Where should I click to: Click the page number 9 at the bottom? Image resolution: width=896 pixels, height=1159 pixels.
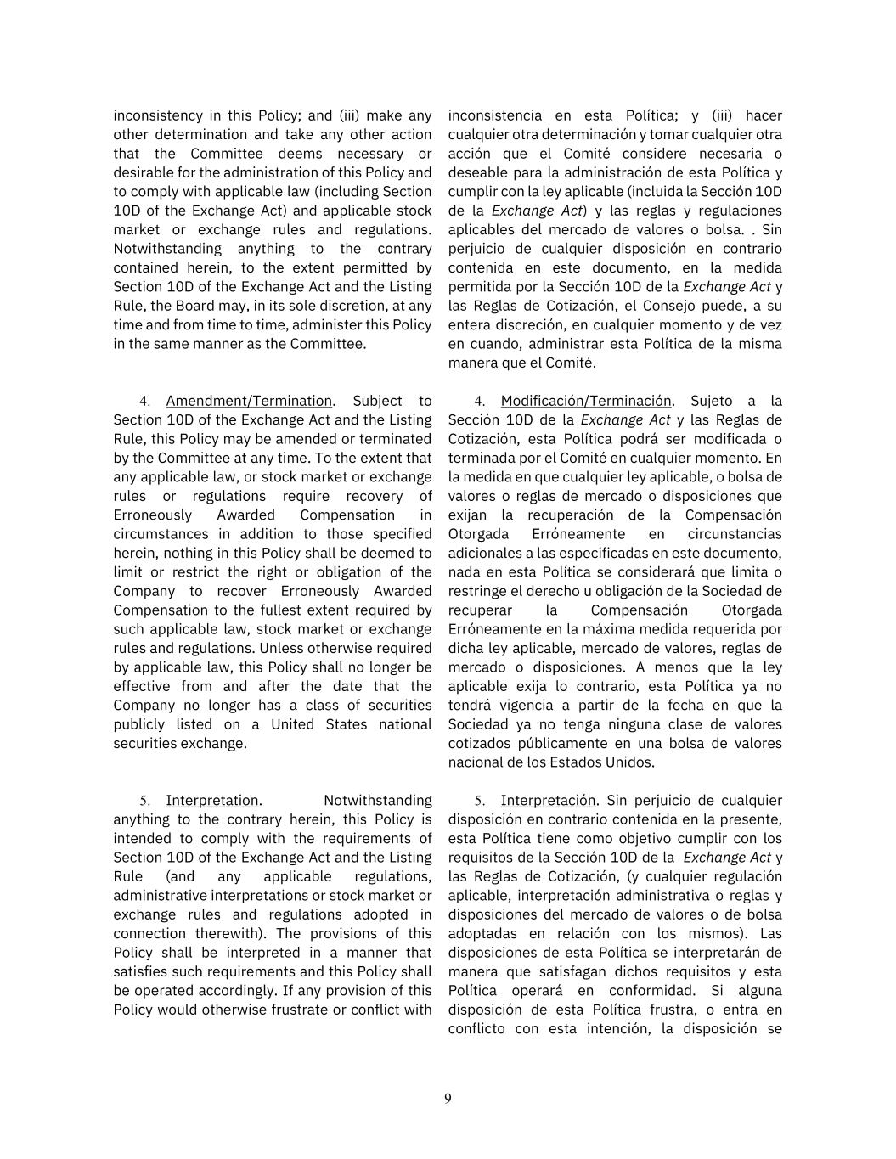tap(448, 1099)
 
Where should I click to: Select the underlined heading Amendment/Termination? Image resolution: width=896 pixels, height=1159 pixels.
tap(249, 401)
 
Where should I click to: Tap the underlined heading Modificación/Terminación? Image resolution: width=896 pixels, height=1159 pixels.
tap(586, 401)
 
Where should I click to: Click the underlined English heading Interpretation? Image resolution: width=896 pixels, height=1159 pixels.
tap(212, 800)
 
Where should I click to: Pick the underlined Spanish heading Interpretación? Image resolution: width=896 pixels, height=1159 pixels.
tap(548, 800)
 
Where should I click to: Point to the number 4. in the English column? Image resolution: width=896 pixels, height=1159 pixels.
tap(145, 401)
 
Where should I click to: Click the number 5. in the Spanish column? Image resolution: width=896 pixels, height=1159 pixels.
tap(480, 800)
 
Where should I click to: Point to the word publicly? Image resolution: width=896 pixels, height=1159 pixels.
tap(140, 724)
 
